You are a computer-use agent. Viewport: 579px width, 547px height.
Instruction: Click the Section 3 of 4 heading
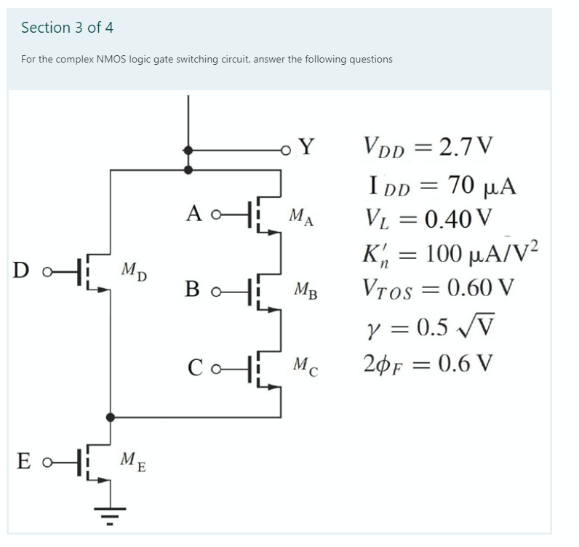(x=68, y=28)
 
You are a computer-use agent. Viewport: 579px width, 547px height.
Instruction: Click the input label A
(x=193, y=213)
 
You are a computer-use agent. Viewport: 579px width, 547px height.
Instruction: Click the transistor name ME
(x=132, y=460)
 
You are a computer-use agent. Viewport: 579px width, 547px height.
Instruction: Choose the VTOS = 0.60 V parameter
(x=438, y=288)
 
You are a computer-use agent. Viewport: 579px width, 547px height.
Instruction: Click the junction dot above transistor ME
(x=110, y=418)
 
